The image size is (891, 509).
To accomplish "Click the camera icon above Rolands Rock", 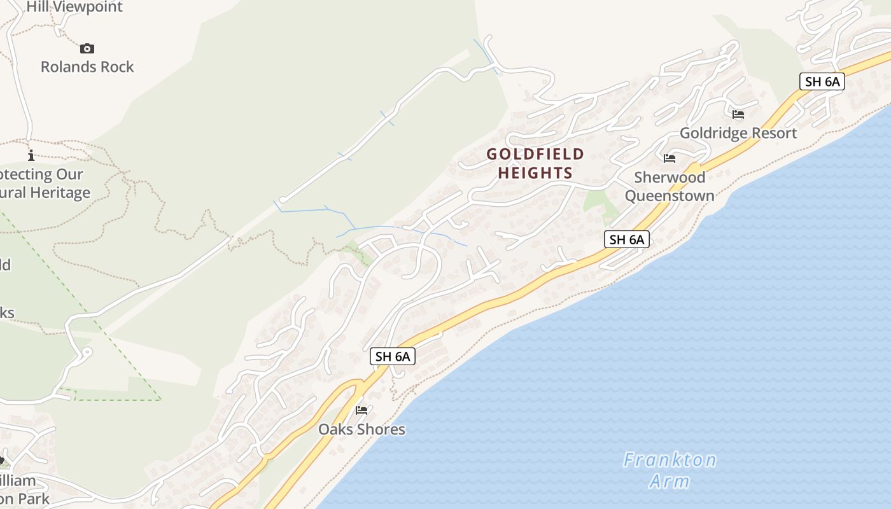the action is [x=87, y=48].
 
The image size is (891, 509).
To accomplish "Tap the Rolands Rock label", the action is [x=87, y=67].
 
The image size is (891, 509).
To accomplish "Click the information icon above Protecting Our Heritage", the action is [x=31, y=155].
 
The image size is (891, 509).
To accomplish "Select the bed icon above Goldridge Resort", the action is [x=738, y=115].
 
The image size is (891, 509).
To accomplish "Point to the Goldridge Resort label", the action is [x=738, y=133].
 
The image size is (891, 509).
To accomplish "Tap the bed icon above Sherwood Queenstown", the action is [x=670, y=158].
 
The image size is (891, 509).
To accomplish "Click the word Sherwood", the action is [x=670, y=177].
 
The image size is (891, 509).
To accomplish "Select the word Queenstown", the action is [x=670, y=195].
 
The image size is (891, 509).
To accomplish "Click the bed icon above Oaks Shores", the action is [x=361, y=410].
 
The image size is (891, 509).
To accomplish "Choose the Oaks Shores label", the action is [x=361, y=429].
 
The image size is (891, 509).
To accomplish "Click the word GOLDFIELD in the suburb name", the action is [x=535, y=154].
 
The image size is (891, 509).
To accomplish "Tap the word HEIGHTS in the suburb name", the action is [x=535, y=172].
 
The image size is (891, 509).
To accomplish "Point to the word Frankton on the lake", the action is [x=670, y=460].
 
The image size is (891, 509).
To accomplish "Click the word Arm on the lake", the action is [x=670, y=481].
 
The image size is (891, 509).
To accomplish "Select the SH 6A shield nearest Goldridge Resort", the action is [x=822, y=81].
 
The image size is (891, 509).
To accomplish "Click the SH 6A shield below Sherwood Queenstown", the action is [x=626, y=239].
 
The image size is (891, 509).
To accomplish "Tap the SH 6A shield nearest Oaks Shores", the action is [x=393, y=356].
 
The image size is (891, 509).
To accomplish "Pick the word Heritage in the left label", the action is [x=56, y=192].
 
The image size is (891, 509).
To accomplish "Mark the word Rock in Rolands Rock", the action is [x=117, y=67].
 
